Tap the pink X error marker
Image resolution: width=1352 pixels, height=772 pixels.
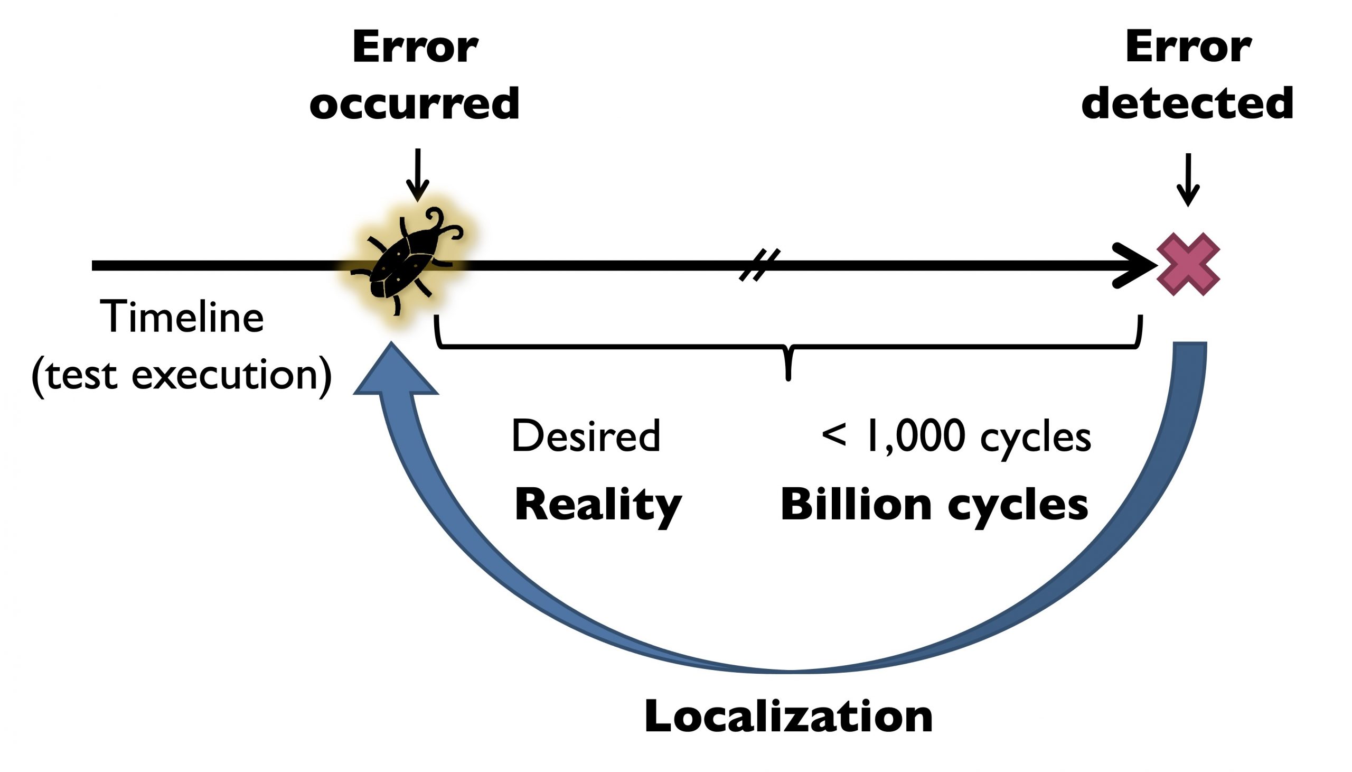coord(1188,264)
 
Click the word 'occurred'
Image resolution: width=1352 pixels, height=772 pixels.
coord(414,104)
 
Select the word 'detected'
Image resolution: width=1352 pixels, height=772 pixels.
coord(1187,104)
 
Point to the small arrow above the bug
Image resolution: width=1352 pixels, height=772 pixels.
coord(417,175)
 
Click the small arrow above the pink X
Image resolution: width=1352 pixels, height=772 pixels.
coord(1188,180)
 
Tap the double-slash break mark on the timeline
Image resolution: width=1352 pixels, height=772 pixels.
coord(759,265)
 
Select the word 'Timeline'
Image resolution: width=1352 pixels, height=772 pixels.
coord(182,317)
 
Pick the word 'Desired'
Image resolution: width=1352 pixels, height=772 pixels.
coord(586,436)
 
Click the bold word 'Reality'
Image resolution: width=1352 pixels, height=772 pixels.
coord(598,505)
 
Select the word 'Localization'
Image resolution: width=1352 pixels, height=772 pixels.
coord(788,717)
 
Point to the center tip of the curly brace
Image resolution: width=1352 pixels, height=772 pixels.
coord(788,376)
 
